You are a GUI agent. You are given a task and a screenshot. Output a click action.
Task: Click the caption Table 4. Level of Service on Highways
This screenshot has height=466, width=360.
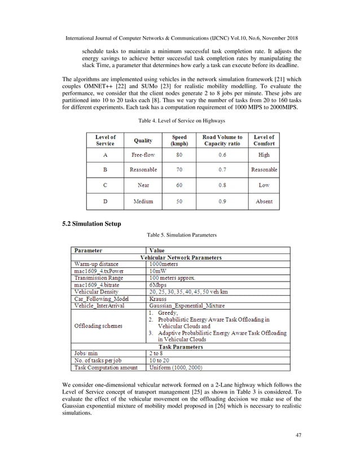click(179, 120)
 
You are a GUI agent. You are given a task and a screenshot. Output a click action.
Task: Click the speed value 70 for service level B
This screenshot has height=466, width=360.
click(179, 169)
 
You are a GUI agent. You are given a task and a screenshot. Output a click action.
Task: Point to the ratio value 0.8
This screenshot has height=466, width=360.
click(222, 185)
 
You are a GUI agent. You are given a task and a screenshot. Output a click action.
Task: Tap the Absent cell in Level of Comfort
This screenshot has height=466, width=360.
click(264, 201)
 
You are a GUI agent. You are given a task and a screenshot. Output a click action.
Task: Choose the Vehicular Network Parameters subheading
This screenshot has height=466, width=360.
click(181, 257)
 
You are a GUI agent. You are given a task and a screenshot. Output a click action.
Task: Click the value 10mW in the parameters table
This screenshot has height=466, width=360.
click(158, 271)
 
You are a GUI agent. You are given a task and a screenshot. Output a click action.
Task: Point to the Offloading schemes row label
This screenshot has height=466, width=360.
click(99, 326)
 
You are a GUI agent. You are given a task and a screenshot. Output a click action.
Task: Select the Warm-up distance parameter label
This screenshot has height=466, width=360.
click(99, 263)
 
